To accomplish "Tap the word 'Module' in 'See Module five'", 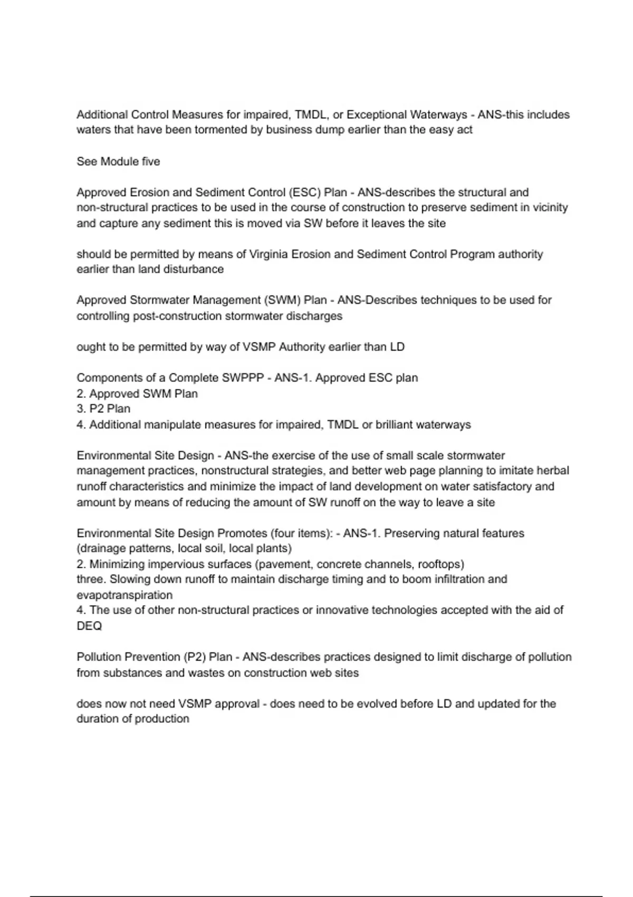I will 120,161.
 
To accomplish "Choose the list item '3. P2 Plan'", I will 103,409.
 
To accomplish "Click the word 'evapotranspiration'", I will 124,595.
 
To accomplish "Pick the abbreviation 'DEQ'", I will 89,626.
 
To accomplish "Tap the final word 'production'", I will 161,719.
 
